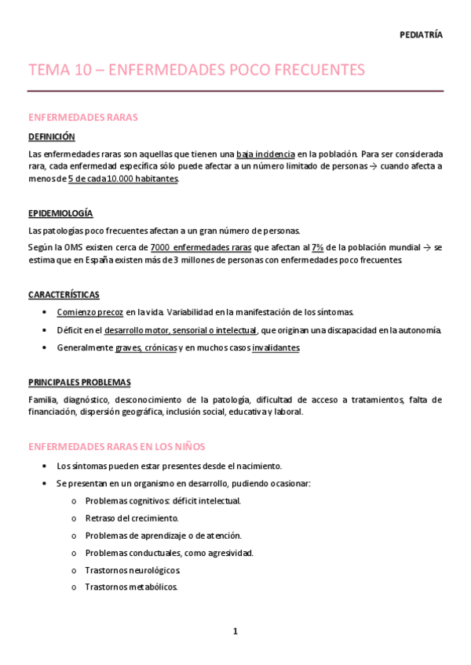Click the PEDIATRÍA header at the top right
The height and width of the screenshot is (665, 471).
pos(421,35)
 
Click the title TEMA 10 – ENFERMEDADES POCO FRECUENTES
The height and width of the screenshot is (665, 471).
pos(196,70)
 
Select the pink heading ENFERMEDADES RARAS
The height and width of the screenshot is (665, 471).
pos(82,117)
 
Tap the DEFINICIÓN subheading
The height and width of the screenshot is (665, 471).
pos(51,136)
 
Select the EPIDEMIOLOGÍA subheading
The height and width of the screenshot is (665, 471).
pos(60,213)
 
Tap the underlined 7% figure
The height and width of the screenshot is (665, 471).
pos(318,247)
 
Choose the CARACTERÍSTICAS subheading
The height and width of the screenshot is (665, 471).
pos(64,295)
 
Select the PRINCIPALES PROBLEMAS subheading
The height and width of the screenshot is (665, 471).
pos(79,382)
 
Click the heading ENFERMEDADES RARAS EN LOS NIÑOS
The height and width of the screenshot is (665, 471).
pos(116,446)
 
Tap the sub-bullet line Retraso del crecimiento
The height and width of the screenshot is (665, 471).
pos(132,518)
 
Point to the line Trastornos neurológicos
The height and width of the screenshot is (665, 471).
pos(133,569)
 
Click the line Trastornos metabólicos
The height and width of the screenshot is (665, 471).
pos(131,587)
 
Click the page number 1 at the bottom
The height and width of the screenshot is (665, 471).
pos(235,631)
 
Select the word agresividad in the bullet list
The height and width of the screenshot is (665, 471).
pos(230,552)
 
